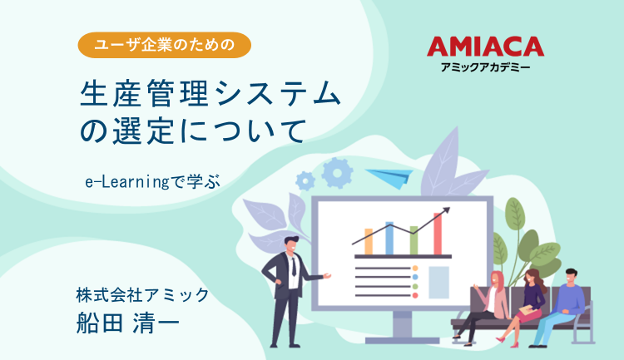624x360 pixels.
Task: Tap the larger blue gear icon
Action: [x=337, y=172]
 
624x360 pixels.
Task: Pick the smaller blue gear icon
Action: [x=305, y=179]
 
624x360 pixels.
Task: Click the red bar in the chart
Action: [x=438, y=234]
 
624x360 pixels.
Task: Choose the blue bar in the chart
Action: [x=389, y=238]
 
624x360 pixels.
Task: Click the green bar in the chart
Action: [x=414, y=240]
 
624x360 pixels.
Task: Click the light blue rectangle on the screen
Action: [x=438, y=282]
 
